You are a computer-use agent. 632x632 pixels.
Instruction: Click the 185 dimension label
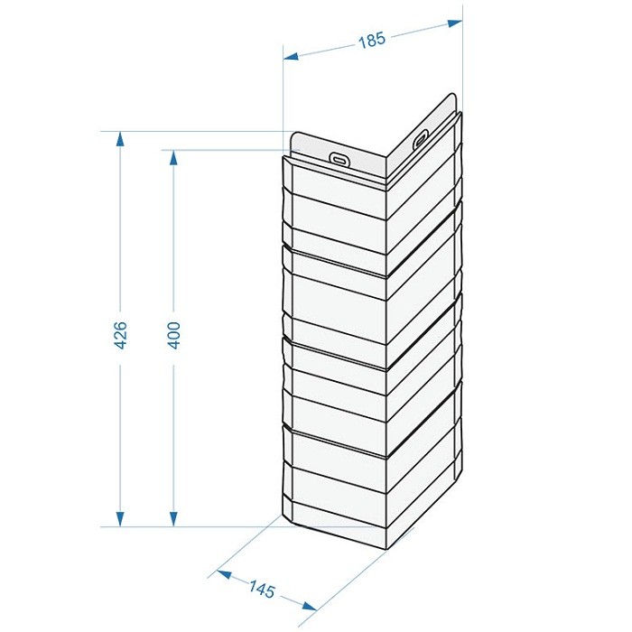point(372,41)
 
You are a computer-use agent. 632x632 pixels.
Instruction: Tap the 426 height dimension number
point(120,335)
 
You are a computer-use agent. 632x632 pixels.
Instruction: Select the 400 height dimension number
point(173,335)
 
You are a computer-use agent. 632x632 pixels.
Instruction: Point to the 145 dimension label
point(262,590)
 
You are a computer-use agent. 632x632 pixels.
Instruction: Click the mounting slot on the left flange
point(340,158)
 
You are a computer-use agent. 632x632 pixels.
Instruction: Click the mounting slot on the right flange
point(420,139)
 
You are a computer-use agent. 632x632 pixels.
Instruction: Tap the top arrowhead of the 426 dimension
point(120,139)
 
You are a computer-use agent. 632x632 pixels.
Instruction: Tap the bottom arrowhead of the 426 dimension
point(120,519)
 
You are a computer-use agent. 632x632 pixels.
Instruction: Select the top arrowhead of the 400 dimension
point(173,158)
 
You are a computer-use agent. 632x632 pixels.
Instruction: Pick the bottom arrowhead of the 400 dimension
point(173,519)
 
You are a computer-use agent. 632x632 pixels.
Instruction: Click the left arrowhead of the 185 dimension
point(291,56)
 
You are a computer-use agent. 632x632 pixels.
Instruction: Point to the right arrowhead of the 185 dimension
point(455,23)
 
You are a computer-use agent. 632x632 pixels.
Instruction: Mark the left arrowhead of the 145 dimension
point(225,574)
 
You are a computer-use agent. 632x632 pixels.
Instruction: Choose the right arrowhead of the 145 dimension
point(309,606)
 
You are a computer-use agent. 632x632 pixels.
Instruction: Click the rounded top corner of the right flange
point(451,96)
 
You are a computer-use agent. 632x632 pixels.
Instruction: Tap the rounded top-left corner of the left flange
point(293,135)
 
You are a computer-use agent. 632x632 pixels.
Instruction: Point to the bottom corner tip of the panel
point(386,549)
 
